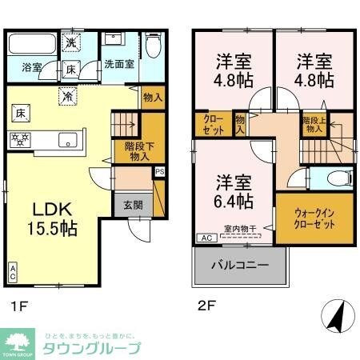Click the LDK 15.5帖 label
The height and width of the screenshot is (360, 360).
[x=54, y=218]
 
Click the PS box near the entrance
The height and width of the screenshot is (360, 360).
[x=160, y=171]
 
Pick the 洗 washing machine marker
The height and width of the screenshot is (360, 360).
[x=71, y=42]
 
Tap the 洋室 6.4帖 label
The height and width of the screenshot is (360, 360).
[x=233, y=189]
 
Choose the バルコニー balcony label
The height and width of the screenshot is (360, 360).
[x=239, y=264]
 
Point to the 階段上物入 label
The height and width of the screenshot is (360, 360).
[x=313, y=123]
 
